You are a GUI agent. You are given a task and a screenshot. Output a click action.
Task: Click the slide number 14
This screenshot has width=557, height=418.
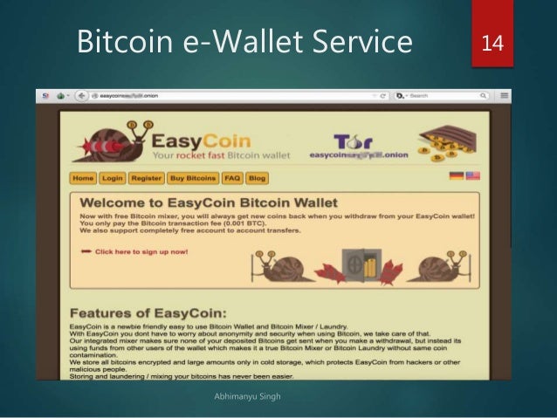492,41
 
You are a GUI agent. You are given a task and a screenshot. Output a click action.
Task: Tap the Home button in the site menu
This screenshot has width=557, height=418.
83,178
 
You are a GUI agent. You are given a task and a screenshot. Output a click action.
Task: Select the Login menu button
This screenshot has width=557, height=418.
112,178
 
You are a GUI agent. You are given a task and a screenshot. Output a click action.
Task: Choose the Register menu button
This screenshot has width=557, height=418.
147,178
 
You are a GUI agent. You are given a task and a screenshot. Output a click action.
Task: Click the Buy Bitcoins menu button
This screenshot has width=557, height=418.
192,178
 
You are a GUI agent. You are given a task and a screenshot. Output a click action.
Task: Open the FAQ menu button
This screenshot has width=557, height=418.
231,178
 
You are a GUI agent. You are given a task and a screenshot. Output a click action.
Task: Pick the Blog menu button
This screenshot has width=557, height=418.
257,178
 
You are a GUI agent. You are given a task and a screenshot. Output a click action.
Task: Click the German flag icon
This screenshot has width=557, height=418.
456,175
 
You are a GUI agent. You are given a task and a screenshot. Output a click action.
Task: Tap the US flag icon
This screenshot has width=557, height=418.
472,175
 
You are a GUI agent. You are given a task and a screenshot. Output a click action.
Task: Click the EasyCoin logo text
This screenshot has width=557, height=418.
201,140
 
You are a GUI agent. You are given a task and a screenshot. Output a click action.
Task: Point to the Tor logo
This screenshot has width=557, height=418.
348,140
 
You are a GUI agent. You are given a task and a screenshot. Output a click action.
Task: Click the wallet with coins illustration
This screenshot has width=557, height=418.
450,143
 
